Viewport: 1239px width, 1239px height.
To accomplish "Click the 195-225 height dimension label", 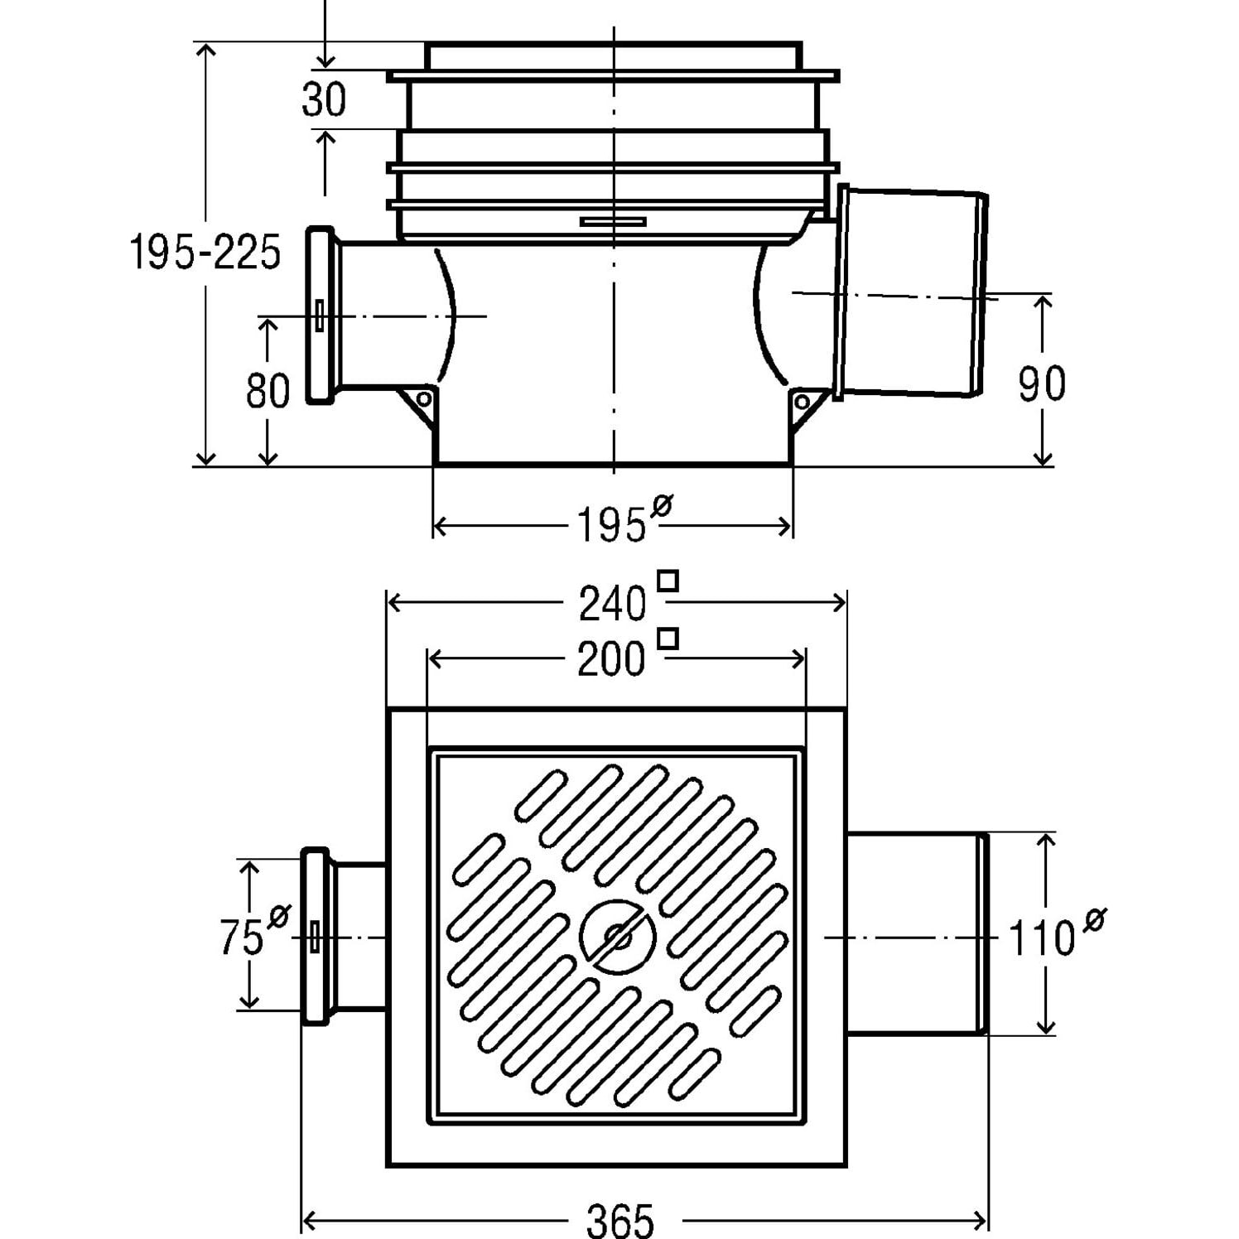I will (205, 252).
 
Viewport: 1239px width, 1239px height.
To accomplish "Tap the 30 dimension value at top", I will (324, 100).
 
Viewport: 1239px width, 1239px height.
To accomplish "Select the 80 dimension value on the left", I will (268, 391).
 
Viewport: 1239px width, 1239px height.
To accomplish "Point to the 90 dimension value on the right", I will (1041, 383).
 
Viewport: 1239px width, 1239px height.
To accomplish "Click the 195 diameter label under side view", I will (610, 525).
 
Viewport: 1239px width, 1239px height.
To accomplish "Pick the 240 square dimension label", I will (612, 604).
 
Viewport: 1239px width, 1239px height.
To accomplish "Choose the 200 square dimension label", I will (610, 660).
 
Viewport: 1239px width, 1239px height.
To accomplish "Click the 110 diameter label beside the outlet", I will (1042, 939).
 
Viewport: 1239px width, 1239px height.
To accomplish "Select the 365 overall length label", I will (620, 1220).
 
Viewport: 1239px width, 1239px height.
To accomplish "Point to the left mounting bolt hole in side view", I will (423, 400).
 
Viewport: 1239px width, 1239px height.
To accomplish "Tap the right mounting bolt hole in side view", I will (802, 403).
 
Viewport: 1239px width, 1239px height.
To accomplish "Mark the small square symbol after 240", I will (668, 581).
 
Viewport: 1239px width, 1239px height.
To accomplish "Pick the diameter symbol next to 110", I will (1094, 919).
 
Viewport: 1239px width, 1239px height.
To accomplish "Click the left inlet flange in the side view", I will (320, 316).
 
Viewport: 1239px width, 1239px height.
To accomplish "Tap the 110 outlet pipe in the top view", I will (915, 933).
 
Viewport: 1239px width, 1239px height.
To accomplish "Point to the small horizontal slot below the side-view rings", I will (613, 221).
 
